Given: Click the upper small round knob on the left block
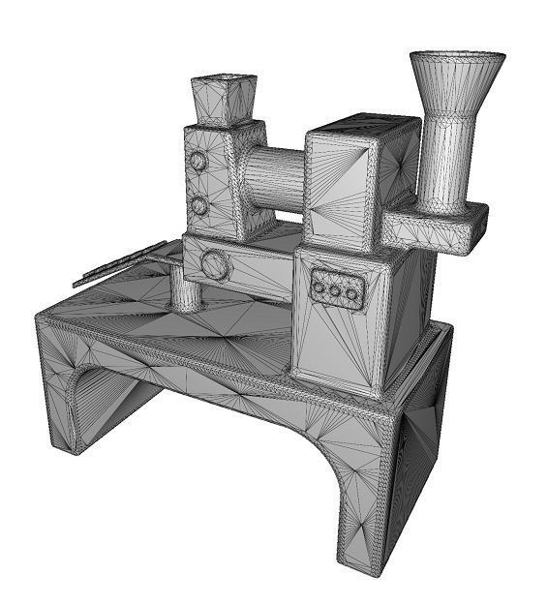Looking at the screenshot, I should [x=198, y=160].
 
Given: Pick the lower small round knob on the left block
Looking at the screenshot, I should [x=198, y=205].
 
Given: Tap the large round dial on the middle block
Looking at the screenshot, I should [x=215, y=264].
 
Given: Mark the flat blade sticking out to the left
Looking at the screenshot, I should [x=116, y=264].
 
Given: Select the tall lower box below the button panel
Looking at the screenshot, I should [x=349, y=339].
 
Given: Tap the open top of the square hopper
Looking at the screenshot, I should [x=224, y=78].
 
